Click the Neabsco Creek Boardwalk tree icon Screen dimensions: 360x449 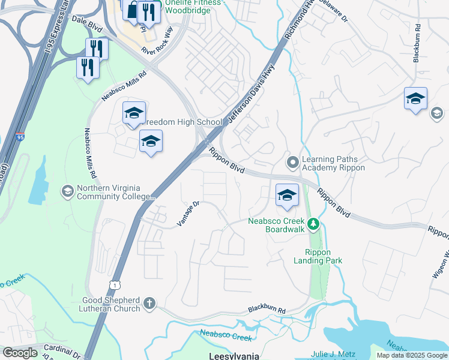point(312,225)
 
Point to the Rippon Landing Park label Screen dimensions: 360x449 point(318,256)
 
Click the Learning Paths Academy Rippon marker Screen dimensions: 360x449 point(293,163)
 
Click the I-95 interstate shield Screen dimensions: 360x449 point(20,138)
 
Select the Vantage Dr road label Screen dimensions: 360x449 point(187,214)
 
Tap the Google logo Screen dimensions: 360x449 point(20,353)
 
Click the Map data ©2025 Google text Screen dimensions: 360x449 point(411,355)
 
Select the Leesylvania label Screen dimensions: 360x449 point(234,356)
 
